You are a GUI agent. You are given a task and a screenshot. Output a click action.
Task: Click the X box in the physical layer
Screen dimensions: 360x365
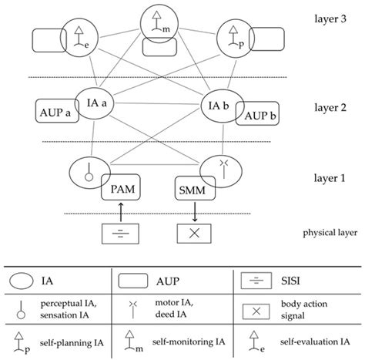click(192, 231)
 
